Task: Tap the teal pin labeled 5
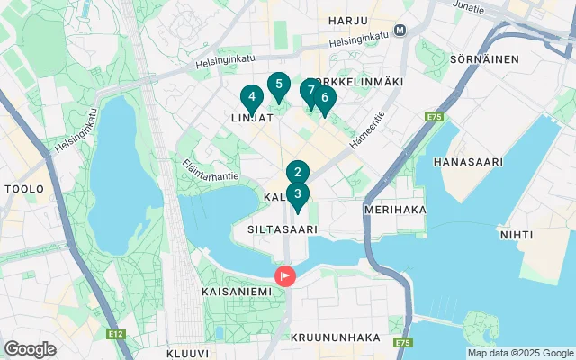[279, 86]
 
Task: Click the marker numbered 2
[298, 173]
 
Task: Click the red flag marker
[285, 275]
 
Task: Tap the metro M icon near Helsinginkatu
[400, 29]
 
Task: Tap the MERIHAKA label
[394, 209]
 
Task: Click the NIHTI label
[516, 234]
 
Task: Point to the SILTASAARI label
[283, 229]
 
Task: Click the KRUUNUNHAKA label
[336, 337]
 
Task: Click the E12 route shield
[115, 334]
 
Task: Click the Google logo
[30, 348]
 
